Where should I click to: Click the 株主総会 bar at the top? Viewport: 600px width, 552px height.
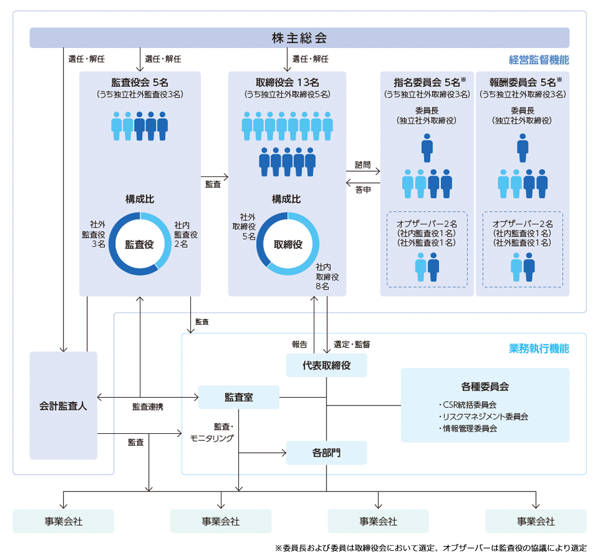299,38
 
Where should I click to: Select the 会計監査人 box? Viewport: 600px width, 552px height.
63,406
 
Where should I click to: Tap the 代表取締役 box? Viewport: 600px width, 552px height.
326,365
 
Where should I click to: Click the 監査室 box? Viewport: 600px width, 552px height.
238,397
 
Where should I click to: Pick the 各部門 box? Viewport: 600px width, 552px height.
326,453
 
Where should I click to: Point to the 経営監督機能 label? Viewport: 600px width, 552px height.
538,60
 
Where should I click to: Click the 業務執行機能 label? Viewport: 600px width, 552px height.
538,349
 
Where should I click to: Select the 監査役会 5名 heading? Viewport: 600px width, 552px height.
139,82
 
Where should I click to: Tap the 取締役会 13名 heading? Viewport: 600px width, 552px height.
287,82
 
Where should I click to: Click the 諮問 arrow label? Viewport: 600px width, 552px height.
362,163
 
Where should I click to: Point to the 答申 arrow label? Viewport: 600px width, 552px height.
362,190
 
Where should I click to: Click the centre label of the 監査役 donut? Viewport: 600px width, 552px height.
139,244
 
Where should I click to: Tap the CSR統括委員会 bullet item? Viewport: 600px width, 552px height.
467,404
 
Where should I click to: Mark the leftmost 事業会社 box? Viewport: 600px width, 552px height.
63,521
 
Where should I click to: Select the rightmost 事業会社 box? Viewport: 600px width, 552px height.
535,521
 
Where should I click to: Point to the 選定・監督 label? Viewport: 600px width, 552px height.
352,344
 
